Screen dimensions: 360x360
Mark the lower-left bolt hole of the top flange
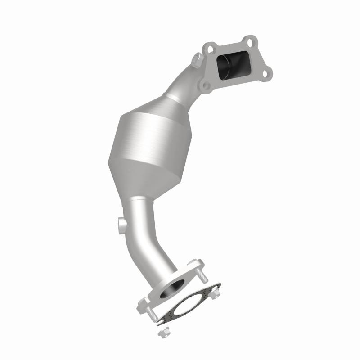coord(206,85)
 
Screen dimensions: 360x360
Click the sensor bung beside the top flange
coord(197,58)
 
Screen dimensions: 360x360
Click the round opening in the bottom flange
coord(176,288)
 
